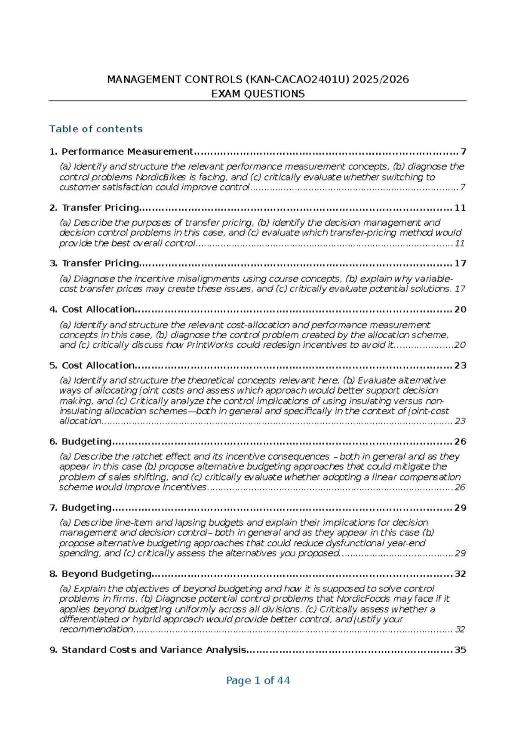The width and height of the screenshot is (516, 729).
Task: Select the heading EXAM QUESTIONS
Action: (x=258, y=94)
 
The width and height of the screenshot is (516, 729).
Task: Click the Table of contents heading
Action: (x=96, y=129)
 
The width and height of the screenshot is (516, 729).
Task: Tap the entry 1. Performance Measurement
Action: (x=121, y=152)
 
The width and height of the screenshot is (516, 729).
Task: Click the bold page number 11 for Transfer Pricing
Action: (x=460, y=208)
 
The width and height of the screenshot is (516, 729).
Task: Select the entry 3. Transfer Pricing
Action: (x=95, y=263)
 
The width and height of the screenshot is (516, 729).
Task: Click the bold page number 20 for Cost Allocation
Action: (x=460, y=309)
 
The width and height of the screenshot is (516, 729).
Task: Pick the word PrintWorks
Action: (x=210, y=345)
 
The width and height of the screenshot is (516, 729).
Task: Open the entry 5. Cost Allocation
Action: (x=92, y=365)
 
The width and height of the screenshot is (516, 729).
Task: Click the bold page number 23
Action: (x=460, y=365)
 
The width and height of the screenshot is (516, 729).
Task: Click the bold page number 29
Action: (x=460, y=508)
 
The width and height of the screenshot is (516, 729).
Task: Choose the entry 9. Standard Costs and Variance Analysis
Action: (x=148, y=650)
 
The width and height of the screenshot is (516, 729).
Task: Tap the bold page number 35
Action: (x=460, y=650)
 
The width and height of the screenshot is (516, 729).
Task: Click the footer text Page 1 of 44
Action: (x=258, y=681)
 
